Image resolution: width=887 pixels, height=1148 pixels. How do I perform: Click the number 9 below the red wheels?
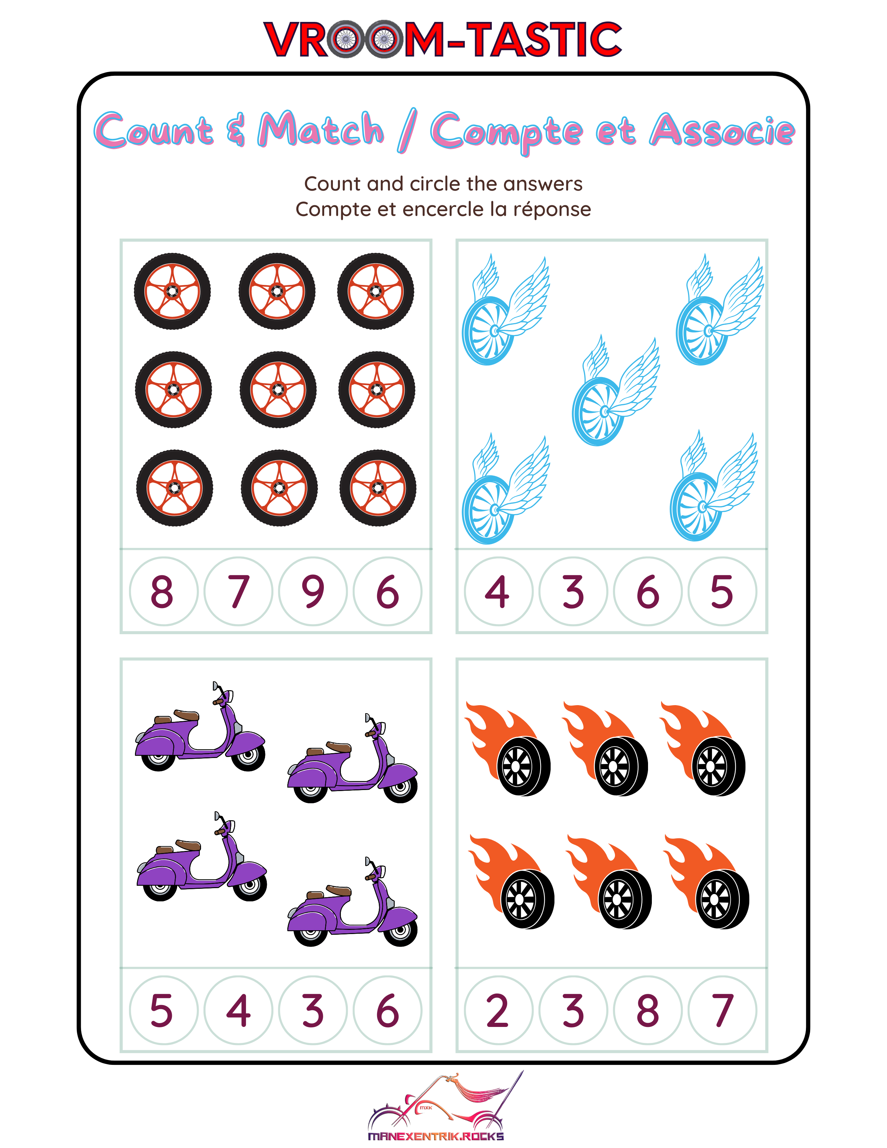pos(313,591)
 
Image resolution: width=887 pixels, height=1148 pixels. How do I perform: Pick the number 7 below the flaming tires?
pos(722,1010)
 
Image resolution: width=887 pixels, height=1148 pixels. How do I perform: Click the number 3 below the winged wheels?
pos(573,591)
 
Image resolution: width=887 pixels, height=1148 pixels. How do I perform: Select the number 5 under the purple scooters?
pos(161,1010)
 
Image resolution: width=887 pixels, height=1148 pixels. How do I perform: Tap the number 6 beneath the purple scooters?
pos(388,1010)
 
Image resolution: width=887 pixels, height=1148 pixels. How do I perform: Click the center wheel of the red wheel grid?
pos(278,390)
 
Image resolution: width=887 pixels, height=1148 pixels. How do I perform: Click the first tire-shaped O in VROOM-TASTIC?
pos(345,39)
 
